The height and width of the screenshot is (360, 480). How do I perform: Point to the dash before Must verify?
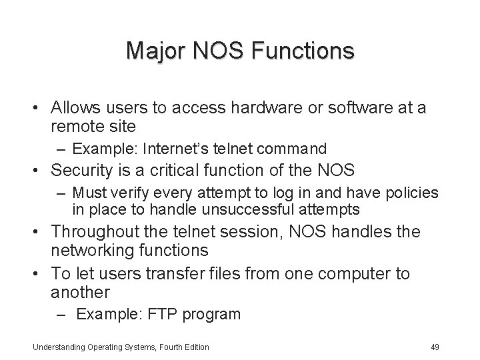pyautogui.click(x=61, y=193)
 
